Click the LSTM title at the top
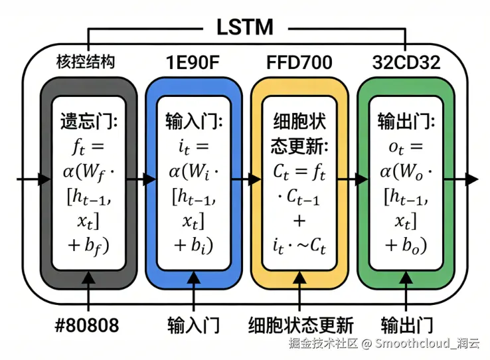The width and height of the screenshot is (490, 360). pyautogui.click(x=244, y=27)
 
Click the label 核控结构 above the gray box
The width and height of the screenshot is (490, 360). pyautogui.click(x=85, y=62)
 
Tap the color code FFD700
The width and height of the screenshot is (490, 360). pyautogui.click(x=299, y=62)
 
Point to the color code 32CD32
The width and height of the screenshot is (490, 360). pyautogui.click(x=406, y=62)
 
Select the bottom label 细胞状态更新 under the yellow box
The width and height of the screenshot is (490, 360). pyautogui.click(x=301, y=325)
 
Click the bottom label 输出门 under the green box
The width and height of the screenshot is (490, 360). pyautogui.click(x=406, y=325)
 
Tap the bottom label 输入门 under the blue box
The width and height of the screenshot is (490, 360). pyautogui.click(x=193, y=325)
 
